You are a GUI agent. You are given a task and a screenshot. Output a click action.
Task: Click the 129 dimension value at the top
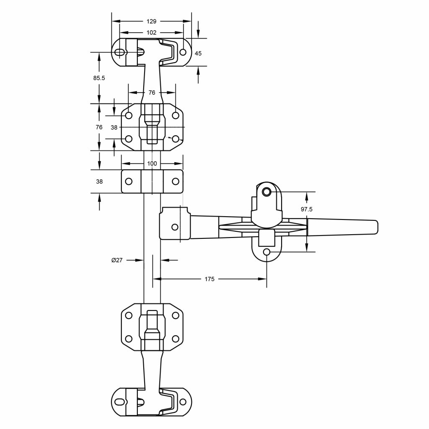click(152, 21)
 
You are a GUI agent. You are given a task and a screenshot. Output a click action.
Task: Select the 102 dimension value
click(152, 33)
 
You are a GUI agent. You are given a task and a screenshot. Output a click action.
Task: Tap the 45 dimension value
click(198, 53)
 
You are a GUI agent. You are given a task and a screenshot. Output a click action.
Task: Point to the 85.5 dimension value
click(99, 78)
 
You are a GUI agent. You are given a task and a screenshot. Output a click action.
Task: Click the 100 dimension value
click(152, 163)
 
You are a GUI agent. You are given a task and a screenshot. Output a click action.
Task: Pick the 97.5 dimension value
click(307, 209)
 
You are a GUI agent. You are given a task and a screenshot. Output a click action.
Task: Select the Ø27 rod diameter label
click(117, 260)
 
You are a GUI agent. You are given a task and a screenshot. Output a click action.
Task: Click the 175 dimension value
click(209, 279)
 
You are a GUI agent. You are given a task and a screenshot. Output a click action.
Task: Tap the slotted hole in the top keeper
click(120, 52)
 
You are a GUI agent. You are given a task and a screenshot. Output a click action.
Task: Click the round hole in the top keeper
click(183, 52)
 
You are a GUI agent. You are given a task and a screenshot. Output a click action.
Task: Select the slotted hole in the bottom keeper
click(120, 402)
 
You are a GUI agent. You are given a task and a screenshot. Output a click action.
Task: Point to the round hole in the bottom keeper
click(183, 402)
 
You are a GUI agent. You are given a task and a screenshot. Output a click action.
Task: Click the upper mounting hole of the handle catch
click(266, 192)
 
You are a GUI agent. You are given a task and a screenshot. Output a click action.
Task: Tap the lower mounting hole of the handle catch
click(266, 252)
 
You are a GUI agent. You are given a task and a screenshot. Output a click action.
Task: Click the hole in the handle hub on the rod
click(175, 227)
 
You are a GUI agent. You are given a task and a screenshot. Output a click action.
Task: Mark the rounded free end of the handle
click(375, 227)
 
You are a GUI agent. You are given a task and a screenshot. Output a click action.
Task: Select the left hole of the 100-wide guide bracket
click(129, 181)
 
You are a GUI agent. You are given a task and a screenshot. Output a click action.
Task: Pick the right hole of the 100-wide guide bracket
click(176, 181)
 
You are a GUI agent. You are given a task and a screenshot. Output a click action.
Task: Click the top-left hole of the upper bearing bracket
click(129, 115)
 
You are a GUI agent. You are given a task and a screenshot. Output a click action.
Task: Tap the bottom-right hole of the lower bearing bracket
click(176, 339)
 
